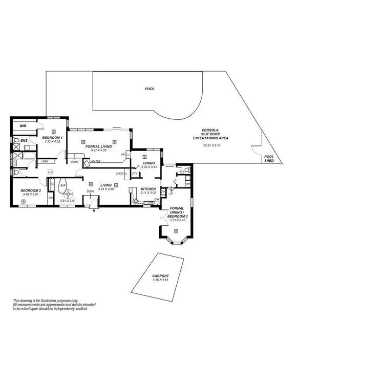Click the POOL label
coord(150,89)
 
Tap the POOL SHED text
coord(269,159)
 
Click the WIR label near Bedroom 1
coord(23,125)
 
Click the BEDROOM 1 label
coord(52,138)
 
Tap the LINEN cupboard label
coord(45,162)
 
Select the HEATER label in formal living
coord(95,162)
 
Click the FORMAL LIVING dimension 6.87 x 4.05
coord(98,150)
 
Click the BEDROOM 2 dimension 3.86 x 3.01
coord(31,195)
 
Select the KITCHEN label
coord(148,188)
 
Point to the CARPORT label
coord(160,276)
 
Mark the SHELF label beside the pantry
coord(121,174)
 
